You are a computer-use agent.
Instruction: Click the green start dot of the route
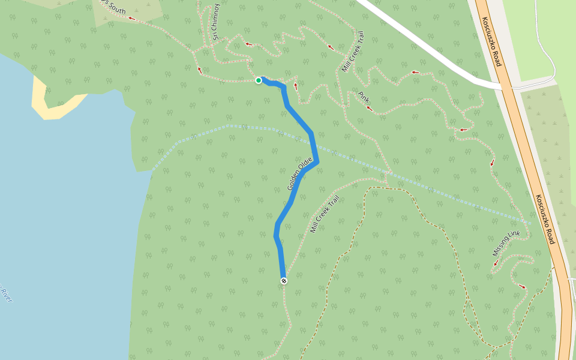(x=259, y=80)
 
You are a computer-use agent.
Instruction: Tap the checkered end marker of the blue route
(x=284, y=281)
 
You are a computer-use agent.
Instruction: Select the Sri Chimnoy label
(x=216, y=23)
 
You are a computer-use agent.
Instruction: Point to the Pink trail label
(x=364, y=97)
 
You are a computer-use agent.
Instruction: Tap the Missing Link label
(x=506, y=242)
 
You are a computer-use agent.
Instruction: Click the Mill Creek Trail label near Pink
(x=353, y=52)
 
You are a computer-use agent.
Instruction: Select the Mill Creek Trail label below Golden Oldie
(x=325, y=214)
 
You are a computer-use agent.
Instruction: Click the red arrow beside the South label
(x=131, y=19)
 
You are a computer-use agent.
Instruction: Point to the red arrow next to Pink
(x=370, y=109)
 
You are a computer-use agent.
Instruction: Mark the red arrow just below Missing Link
(x=496, y=263)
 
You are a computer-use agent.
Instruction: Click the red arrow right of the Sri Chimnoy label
(x=248, y=44)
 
